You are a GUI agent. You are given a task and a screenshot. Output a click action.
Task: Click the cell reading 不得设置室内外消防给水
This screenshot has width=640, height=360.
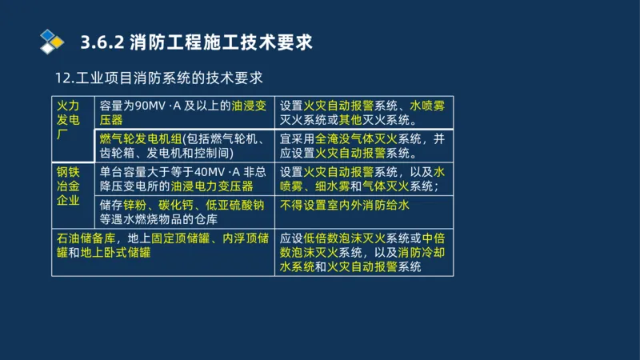pos(344,205)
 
